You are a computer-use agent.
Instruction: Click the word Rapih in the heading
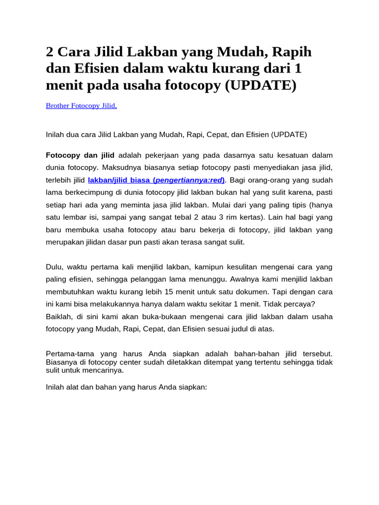pyautogui.click(x=289, y=52)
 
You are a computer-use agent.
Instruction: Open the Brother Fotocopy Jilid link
pyautogui.click(x=81, y=106)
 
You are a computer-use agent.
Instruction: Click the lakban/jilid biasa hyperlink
pyautogui.click(x=120, y=180)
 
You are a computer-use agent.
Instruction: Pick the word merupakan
pyautogui.click(x=64, y=242)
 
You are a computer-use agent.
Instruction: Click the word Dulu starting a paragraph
pyautogui.click(x=54, y=267)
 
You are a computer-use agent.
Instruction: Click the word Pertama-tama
pyautogui.click(x=69, y=354)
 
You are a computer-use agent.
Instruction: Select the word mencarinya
pyautogui.click(x=105, y=370)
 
